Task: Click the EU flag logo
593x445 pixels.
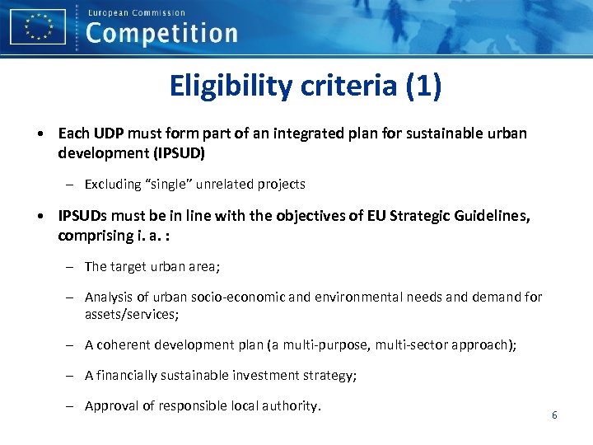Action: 38,26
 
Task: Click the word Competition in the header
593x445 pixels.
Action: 161,33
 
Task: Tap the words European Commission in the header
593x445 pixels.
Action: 136,12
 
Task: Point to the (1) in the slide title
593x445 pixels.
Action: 423,85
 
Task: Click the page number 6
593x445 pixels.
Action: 554,415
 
